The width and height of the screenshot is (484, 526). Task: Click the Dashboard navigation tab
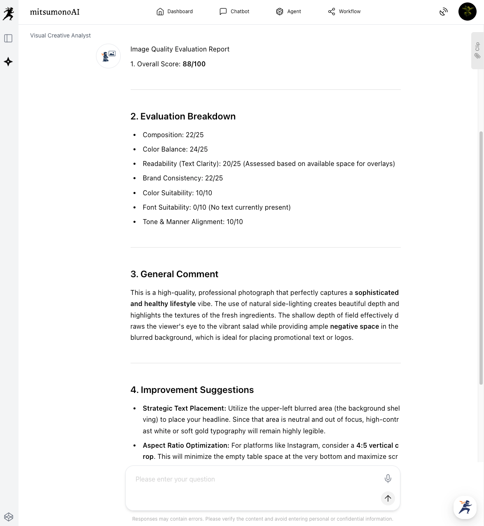pyautogui.click(x=175, y=12)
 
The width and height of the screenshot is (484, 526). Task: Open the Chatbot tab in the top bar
pyautogui.click(x=234, y=12)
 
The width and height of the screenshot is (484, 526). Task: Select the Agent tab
pyautogui.click(x=288, y=12)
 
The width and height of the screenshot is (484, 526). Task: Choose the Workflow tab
pyautogui.click(x=344, y=12)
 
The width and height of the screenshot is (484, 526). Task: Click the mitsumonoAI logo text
pyautogui.click(x=55, y=12)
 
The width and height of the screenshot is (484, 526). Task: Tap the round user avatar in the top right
pyautogui.click(x=467, y=12)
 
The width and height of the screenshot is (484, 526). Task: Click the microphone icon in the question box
pyautogui.click(x=388, y=478)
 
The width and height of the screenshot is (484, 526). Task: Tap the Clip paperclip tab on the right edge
pyautogui.click(x=477, y=51)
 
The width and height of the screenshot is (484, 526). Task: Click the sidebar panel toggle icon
pyautogui.click(x=8, y=38)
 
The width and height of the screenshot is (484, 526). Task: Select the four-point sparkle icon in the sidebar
pyautogui.click(x=8, y=62)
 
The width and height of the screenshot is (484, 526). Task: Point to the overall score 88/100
pyautogui.click(x=194, y=64)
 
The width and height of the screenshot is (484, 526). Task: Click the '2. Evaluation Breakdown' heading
pyautogui.click(x=183, y=117)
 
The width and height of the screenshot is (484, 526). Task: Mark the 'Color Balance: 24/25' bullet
pyautogui.click(x=175, y=149)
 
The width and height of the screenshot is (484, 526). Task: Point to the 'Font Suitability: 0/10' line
pyautogui.click(x=216, y=207)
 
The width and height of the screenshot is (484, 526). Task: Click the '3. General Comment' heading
pyautogui.click(x=174, y=274)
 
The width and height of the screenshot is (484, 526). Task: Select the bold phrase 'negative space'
pyautogui.click(x=354, y=326)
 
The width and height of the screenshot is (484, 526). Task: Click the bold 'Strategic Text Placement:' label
pyautogui.click(x=184, y=408)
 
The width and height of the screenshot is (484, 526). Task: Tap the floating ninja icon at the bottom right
pyautogui.click(x=465, y=507)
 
